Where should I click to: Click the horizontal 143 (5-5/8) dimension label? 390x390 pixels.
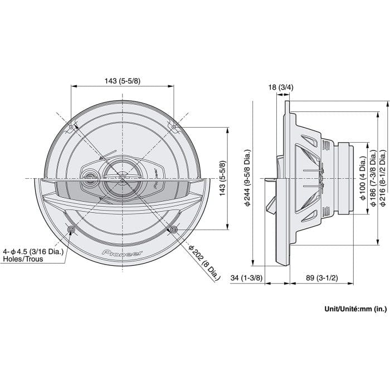[122, 81]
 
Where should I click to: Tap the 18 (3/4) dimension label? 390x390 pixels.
[280, 87]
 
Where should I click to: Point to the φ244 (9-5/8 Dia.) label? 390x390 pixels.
[248, 178]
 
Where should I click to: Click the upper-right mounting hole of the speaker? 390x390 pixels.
[173, 127]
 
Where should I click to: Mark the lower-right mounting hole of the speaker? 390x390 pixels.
[173, 230]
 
